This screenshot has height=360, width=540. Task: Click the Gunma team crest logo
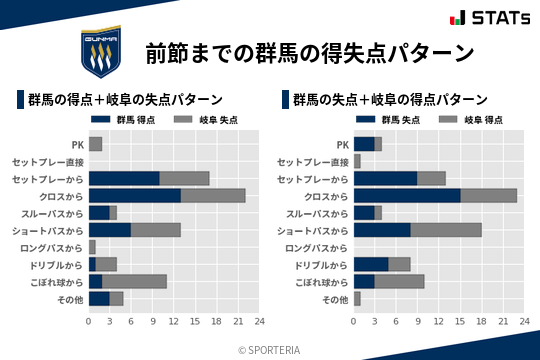coord(101,53)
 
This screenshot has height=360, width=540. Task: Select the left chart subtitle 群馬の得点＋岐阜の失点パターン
coord(125,100)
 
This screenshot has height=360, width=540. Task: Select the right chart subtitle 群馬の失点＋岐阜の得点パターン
coord(391,100)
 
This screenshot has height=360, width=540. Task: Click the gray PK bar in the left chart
coord(95,144)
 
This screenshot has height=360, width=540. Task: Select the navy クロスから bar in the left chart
coord(134,195)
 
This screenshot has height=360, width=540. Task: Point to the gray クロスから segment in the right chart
coord(489,195)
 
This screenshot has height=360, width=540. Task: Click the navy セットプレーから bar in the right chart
coord(386,178)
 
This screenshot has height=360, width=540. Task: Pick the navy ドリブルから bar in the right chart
coord(371,264)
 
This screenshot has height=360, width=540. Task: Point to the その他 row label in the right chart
coord(334,298)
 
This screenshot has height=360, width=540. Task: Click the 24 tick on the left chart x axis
coord(259,322)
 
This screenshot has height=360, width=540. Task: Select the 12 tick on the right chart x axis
coord(439,322)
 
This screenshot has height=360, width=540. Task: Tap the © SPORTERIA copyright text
coord(270,350)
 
